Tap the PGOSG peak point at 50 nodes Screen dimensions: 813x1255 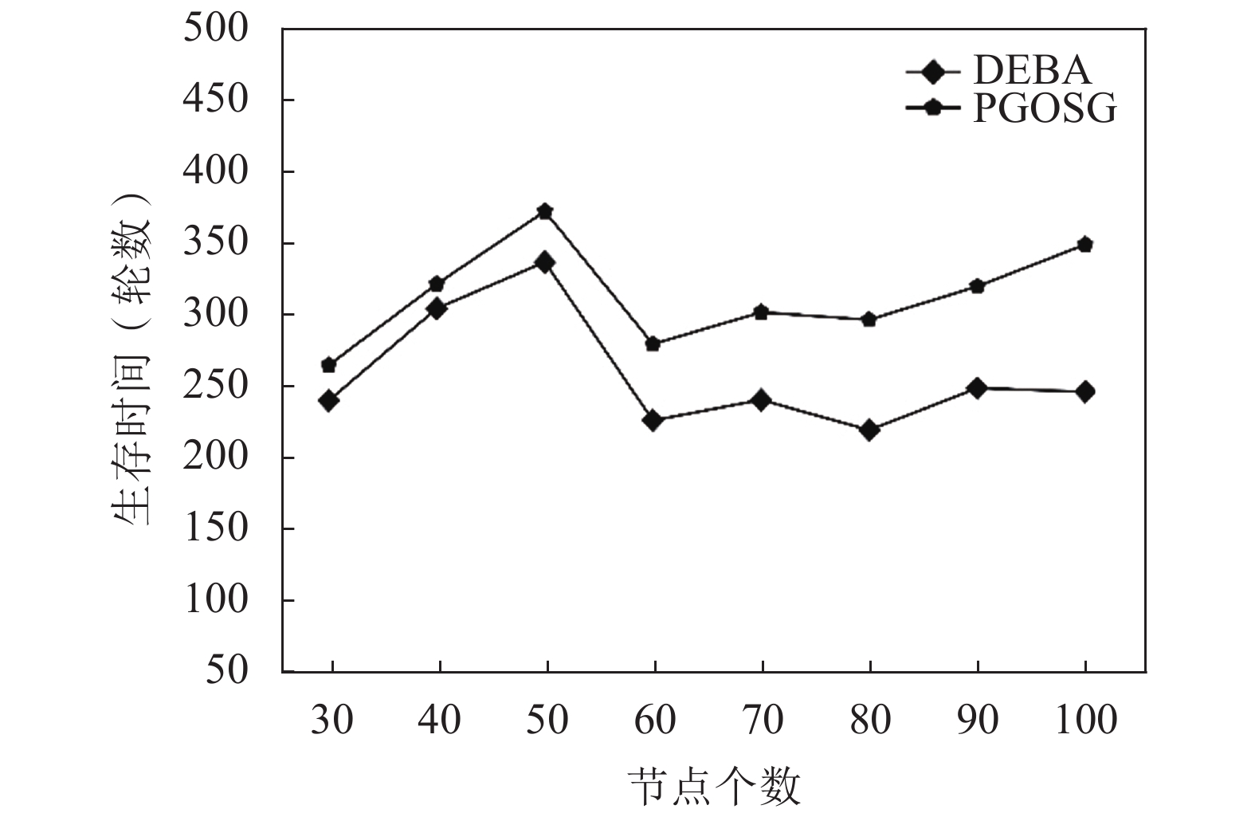point(545,212)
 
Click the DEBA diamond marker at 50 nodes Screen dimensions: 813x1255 point(545,262)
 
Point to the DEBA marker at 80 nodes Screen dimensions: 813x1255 point(869,430)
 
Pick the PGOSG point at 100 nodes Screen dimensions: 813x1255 point(1084,245)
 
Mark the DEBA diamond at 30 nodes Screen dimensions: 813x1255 point(328,400)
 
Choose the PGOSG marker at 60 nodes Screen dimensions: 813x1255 point(653,344)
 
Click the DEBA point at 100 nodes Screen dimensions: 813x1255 point(1084,391)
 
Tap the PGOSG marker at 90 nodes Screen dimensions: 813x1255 point(977,286)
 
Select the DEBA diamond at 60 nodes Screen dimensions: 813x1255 point(653,420)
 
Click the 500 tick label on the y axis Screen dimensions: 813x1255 point(216,29)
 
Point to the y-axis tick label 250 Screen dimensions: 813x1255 point(216,386)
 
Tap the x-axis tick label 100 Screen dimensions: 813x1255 point(1086,721)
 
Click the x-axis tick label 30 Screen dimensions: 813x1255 point(331,721)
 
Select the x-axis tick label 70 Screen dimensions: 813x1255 point(763,721)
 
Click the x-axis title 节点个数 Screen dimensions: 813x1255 point(714,787)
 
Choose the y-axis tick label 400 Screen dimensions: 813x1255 point(216,171)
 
